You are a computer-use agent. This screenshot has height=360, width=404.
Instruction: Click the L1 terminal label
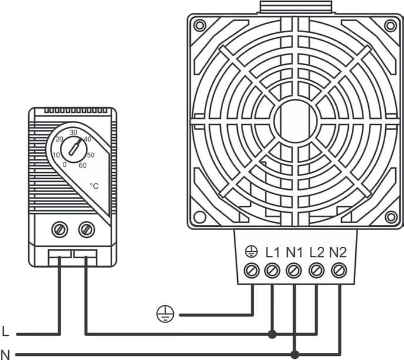[272, 253]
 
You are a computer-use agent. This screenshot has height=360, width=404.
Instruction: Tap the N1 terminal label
[294, 253]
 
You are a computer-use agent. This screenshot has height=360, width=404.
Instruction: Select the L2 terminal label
[317, 253]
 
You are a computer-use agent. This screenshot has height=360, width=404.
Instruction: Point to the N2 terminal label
[338, 253]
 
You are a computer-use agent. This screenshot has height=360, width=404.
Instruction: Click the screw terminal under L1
[272, 271]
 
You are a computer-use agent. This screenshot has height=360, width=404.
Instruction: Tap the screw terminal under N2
[339, 271]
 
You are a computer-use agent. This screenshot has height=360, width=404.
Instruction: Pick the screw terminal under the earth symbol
[251, 271]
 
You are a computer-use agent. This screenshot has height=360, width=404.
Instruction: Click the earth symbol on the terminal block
[251, 252]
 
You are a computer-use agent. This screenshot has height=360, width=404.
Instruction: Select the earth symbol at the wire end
[165, 314]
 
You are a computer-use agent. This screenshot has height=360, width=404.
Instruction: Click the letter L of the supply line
[5, 331]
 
